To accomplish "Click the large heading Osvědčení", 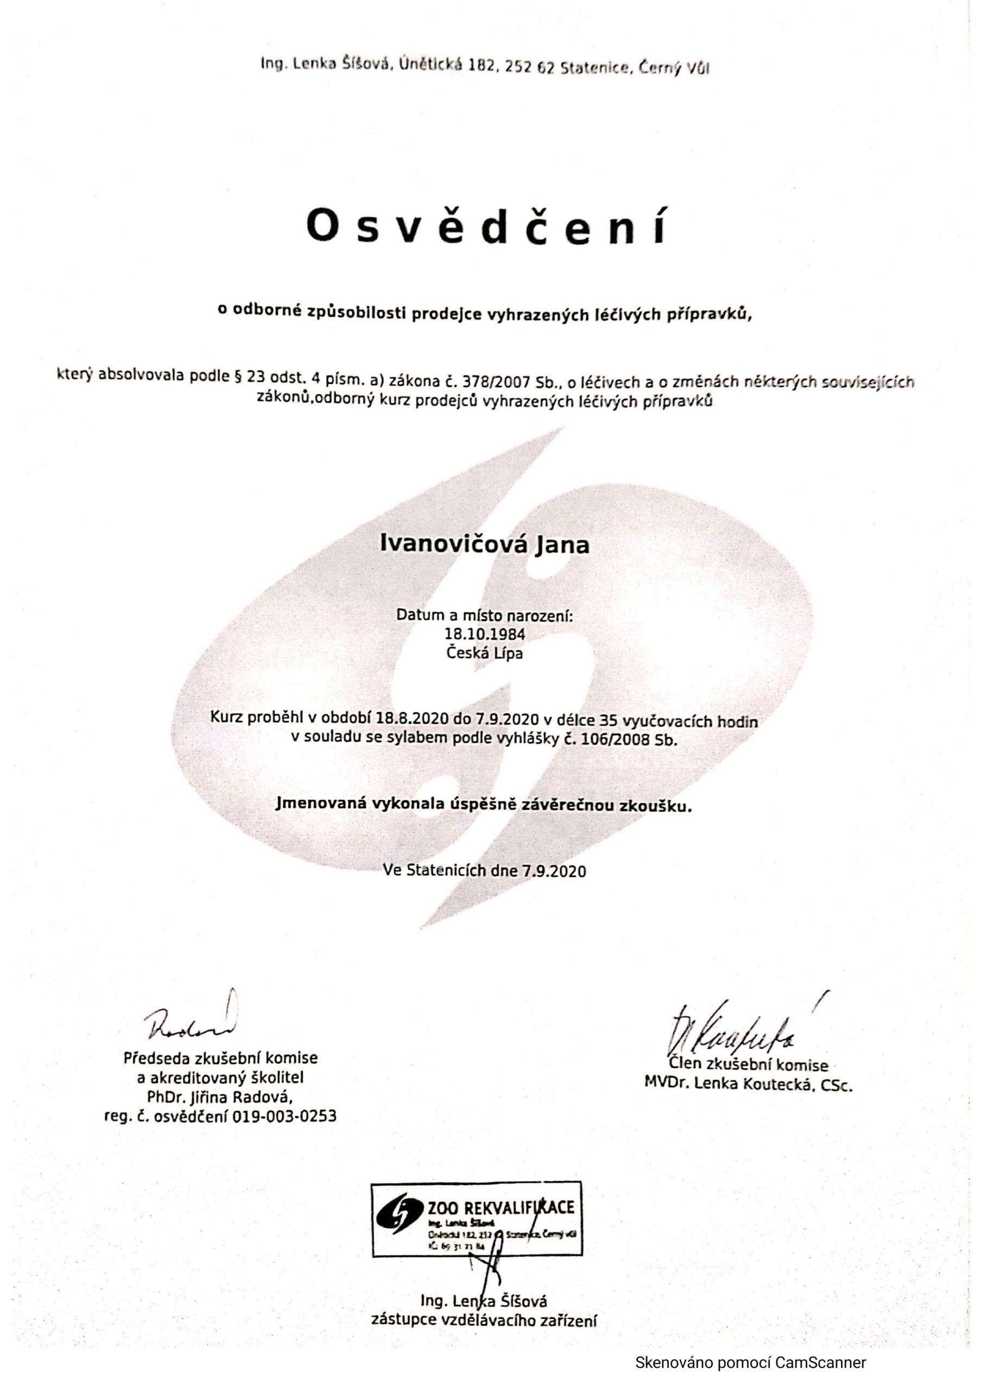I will click(489, 226).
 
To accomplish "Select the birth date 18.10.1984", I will click(484, 635).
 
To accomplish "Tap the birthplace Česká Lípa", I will click(484, 653).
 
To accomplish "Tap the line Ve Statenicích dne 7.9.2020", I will click(484, 870).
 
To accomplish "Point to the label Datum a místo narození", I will click(484, 616).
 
